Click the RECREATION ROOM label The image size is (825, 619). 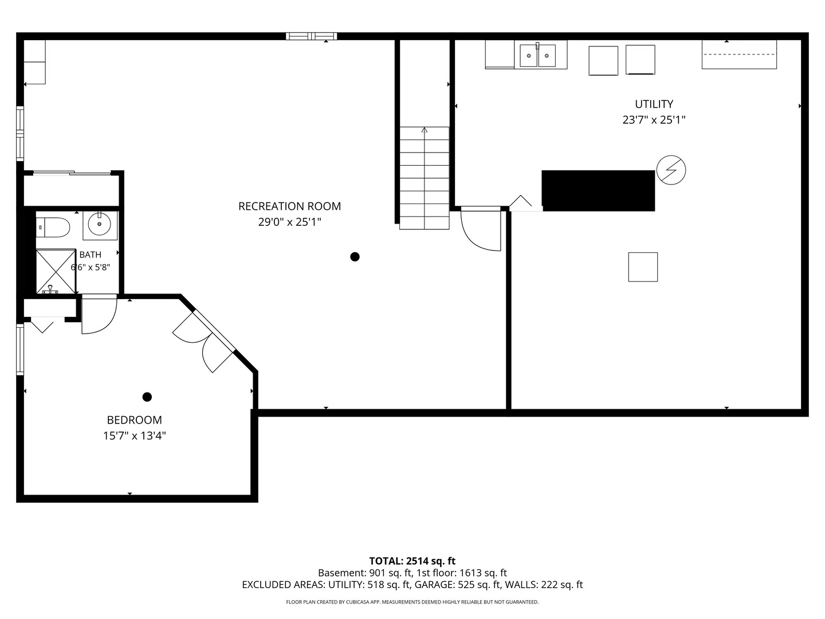[289, 206]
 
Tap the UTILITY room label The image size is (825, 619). [654, 104]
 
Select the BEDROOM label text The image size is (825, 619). [134, 420]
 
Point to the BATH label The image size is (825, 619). [90, 254]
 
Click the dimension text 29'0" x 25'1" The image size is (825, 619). [289, 222]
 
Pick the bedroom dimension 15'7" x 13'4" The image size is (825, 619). [134, 436]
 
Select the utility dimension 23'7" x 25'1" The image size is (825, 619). [654, 120]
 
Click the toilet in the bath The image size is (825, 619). [53, 227]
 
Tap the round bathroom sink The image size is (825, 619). [100, 224]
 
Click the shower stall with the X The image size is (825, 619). [56, 271]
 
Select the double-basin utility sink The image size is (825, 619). [537, 56]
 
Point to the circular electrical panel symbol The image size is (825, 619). [671, 170]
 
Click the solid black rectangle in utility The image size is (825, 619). [598, 190]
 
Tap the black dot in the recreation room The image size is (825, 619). [355, 257]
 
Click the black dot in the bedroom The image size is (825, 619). [147, 397]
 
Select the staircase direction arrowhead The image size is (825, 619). [425, 130]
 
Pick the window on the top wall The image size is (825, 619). [311, 36]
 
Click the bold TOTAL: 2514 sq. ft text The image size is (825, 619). [412, 561]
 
